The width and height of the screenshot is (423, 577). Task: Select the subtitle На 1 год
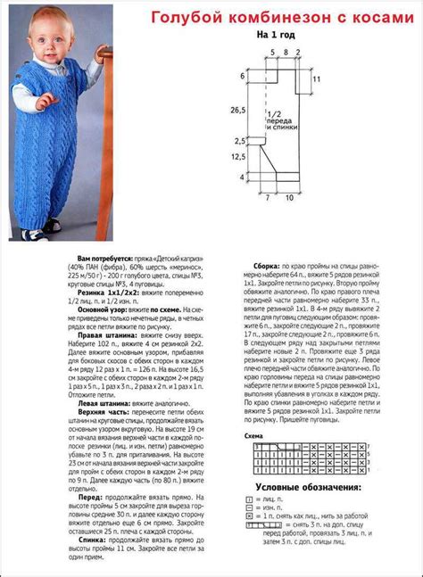click(x=277, y=36)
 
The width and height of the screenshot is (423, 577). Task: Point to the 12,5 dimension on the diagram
click(x=237, y=156)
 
